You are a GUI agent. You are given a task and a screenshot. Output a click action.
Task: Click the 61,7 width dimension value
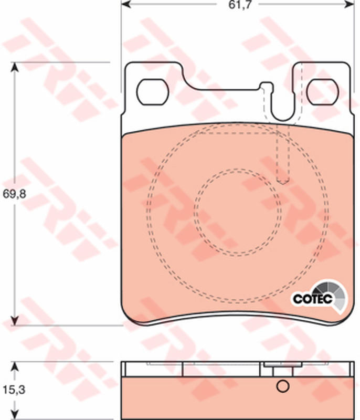point(240,5)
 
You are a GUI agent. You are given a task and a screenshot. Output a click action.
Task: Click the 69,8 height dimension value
point(14,194)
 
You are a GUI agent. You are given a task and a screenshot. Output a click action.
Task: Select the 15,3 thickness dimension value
point(14,390)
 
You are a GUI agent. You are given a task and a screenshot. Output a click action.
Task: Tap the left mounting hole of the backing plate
point(153,92)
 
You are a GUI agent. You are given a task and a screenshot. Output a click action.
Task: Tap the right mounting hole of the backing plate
point(323,92)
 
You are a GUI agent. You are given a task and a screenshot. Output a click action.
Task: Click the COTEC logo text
point(312,299)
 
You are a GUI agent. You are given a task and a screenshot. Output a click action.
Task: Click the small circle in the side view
point(283,386)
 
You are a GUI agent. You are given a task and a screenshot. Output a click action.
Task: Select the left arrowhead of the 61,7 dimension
point(126,4)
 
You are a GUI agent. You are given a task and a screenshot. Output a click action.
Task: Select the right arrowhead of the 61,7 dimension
point(350,4)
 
